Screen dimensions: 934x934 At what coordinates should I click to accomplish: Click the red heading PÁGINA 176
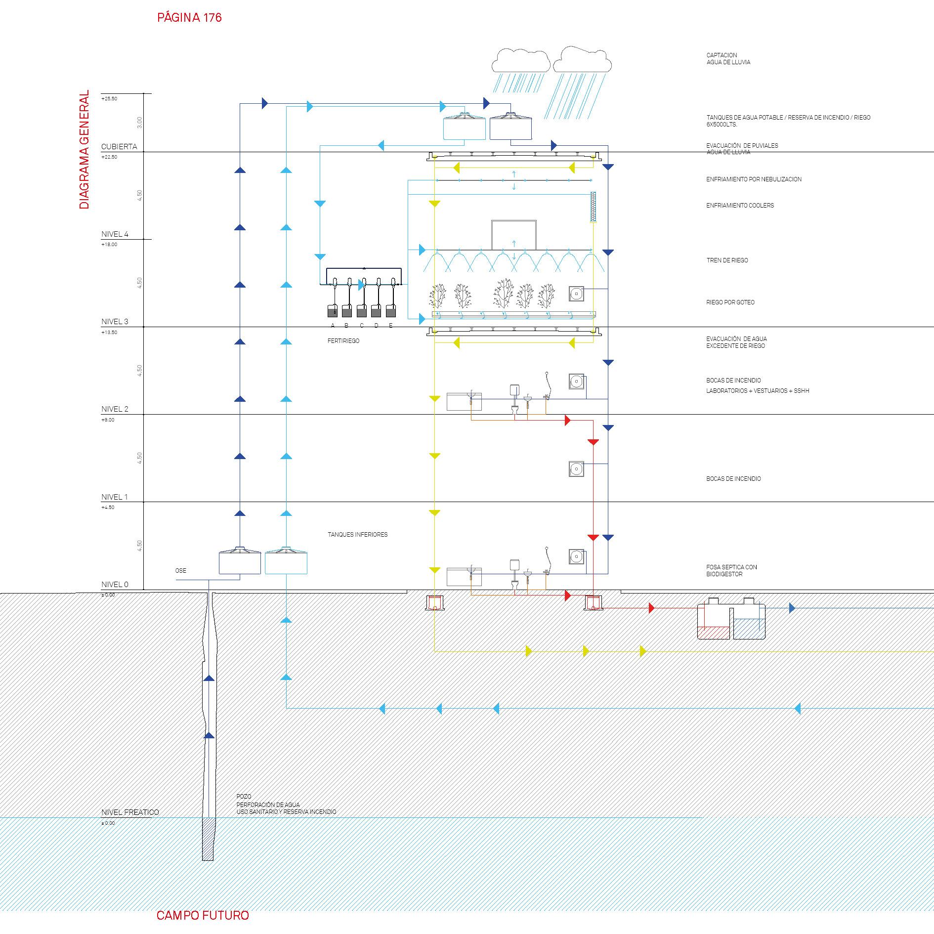[189, 18]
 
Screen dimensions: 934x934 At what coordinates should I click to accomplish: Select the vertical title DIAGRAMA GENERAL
[85, 149]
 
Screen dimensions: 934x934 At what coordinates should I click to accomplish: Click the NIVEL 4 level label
[115, 234]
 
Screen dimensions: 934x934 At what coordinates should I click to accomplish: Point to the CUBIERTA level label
[119, 147]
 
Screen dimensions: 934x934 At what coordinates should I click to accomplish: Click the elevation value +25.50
[109, 99]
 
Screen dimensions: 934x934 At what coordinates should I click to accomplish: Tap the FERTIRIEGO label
[343, 341]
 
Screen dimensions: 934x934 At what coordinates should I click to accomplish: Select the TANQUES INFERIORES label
[357, 535]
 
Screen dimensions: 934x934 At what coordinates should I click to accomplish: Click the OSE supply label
[181, 571]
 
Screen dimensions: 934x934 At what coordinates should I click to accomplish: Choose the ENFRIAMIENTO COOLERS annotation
[740, 206]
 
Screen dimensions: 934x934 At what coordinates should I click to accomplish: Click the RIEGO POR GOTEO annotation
[730, 302]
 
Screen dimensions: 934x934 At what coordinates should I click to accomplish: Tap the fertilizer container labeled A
[333, 312]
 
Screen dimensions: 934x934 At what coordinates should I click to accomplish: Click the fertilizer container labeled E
[391, 312]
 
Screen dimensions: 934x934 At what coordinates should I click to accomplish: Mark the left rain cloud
[521, 60]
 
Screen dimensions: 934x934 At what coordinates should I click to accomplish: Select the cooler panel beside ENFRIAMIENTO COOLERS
[593, 207]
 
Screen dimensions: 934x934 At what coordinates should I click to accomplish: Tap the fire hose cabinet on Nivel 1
[576, 469]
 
